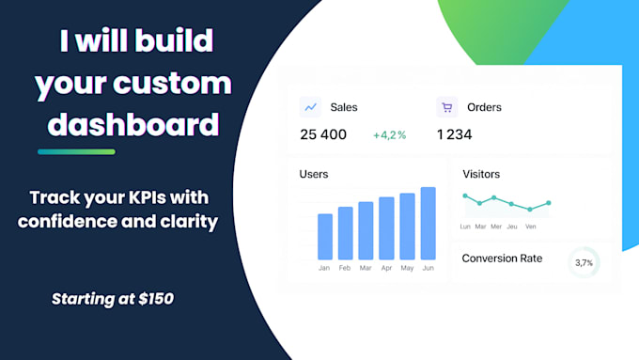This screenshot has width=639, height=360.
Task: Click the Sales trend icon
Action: tap(310, 107)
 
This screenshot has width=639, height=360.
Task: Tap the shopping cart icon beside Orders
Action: tap(447, 107)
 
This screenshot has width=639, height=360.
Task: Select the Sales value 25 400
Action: tap(323, 134)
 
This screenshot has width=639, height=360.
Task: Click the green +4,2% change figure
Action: tap(389, 135)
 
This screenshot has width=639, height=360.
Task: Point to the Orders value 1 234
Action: tap(455, 134)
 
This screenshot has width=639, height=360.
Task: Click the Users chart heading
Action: tap(314, 174)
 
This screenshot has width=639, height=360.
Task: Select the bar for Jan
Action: tap(325, 236)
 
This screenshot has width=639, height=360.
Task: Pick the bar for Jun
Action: tap(428, 223)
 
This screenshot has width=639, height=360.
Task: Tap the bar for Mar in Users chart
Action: tap(366, 230)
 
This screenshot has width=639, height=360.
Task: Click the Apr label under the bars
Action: tap(386, 268)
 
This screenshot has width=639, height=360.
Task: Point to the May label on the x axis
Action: tap(407, 268)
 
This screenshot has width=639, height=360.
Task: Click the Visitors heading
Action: tap(481, 174)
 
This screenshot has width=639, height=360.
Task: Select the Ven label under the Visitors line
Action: tap(529, 227)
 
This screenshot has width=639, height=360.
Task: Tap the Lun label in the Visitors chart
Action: tap(465, 227)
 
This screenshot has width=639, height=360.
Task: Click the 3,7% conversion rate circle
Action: tap(584, 263)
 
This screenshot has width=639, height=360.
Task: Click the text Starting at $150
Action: tap(112, 300)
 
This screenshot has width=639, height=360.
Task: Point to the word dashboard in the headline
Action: tap(133, 124)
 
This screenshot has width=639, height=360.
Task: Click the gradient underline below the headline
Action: tap(76, 151)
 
